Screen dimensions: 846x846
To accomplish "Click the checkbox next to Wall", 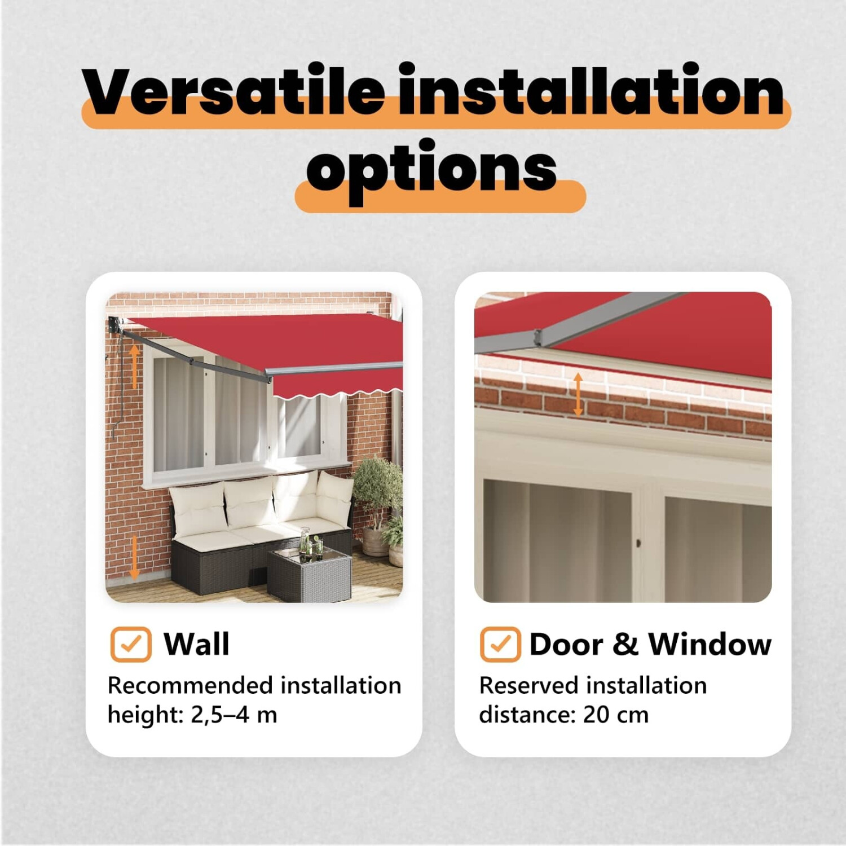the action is [131, 644].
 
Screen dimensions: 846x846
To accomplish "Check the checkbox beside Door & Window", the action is [500, 644].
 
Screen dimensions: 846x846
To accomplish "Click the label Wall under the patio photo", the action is [196, 644].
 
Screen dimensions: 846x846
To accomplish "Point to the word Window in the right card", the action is [710, 644].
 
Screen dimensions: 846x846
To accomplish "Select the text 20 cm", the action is [616, 715].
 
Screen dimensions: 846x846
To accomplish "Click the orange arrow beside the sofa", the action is [134, 557].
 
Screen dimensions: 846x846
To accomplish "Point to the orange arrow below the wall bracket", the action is [134, 366].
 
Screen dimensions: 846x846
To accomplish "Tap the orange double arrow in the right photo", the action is [578, 394].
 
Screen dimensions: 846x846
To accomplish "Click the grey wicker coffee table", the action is [309, 574].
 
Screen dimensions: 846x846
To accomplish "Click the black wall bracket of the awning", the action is [114, 325].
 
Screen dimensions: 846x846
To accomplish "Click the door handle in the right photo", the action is [638, 543].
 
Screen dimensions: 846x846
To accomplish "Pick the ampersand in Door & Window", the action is [625, 644].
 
